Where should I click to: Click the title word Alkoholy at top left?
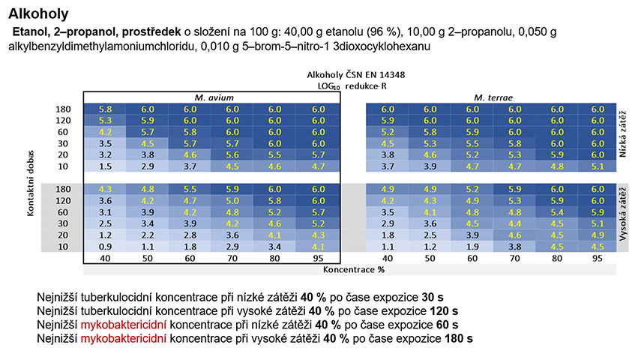38,13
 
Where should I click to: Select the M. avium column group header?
214,97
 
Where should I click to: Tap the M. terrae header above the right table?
493,97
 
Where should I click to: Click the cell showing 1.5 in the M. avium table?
105,166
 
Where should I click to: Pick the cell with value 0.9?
105,247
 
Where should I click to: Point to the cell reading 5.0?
232,201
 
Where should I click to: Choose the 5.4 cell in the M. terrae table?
556,212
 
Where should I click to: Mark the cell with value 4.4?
515,223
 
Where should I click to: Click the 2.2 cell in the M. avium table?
147,235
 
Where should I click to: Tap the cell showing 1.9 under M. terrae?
472,247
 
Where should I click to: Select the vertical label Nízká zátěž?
622,133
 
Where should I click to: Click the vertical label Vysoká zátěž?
622,214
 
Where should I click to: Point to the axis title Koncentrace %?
354,269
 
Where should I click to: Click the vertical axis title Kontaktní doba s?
31,183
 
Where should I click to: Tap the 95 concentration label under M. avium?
318,258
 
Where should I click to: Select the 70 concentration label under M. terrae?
515,258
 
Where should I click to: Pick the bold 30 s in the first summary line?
433,297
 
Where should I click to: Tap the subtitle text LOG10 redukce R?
352,86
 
